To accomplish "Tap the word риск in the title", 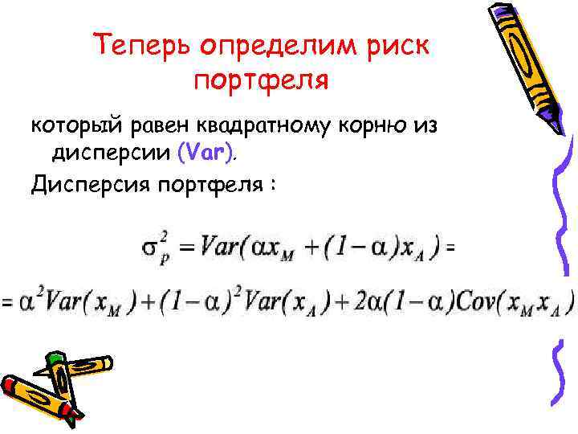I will pos(399,46).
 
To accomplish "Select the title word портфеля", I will pos(263,80).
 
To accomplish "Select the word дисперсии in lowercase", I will pos(109,153).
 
